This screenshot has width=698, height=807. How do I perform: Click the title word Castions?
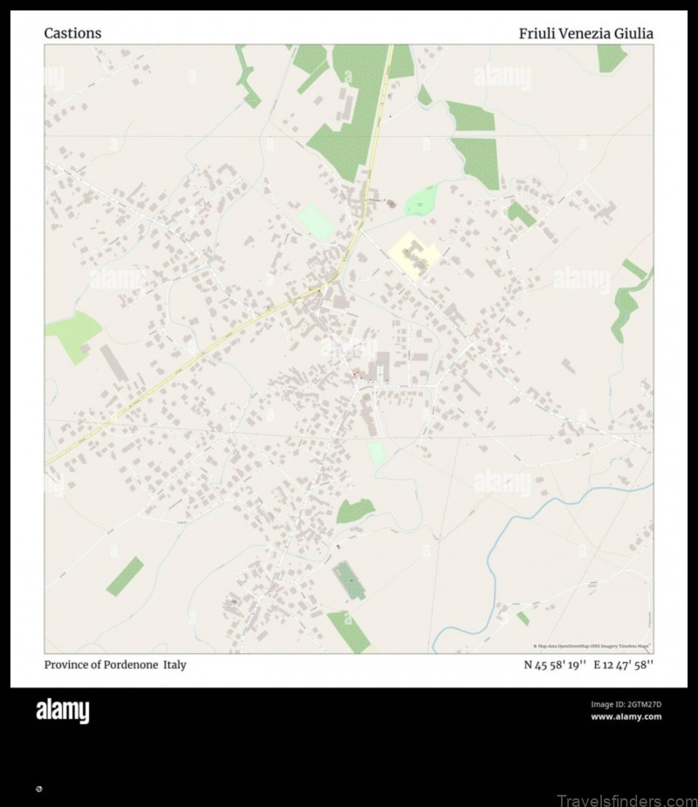click(x=72, y=33)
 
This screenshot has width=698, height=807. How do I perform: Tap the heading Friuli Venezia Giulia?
click(x=585, y=33)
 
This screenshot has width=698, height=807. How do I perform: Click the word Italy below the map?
click(x=174, y=665)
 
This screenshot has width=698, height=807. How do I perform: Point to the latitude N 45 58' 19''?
click(x=554, y=665)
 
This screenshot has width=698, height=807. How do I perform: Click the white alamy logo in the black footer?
click(x=62, y=711)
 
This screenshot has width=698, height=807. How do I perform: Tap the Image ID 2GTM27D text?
click(x=626, y=704)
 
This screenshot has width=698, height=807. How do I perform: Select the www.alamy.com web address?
click(x=626, y=717)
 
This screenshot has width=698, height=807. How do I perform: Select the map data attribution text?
click(x=592, y=646)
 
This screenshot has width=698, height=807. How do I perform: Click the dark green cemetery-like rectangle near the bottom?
click(x=349, y=580)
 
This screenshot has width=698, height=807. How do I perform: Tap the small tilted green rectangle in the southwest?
click(x=125, y=577)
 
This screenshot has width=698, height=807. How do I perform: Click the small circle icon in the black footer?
click(x=38, y=789)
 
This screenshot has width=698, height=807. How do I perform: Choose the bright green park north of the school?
click(x=421, y=202)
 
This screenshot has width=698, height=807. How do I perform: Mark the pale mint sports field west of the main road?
click(x=316, y=222)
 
